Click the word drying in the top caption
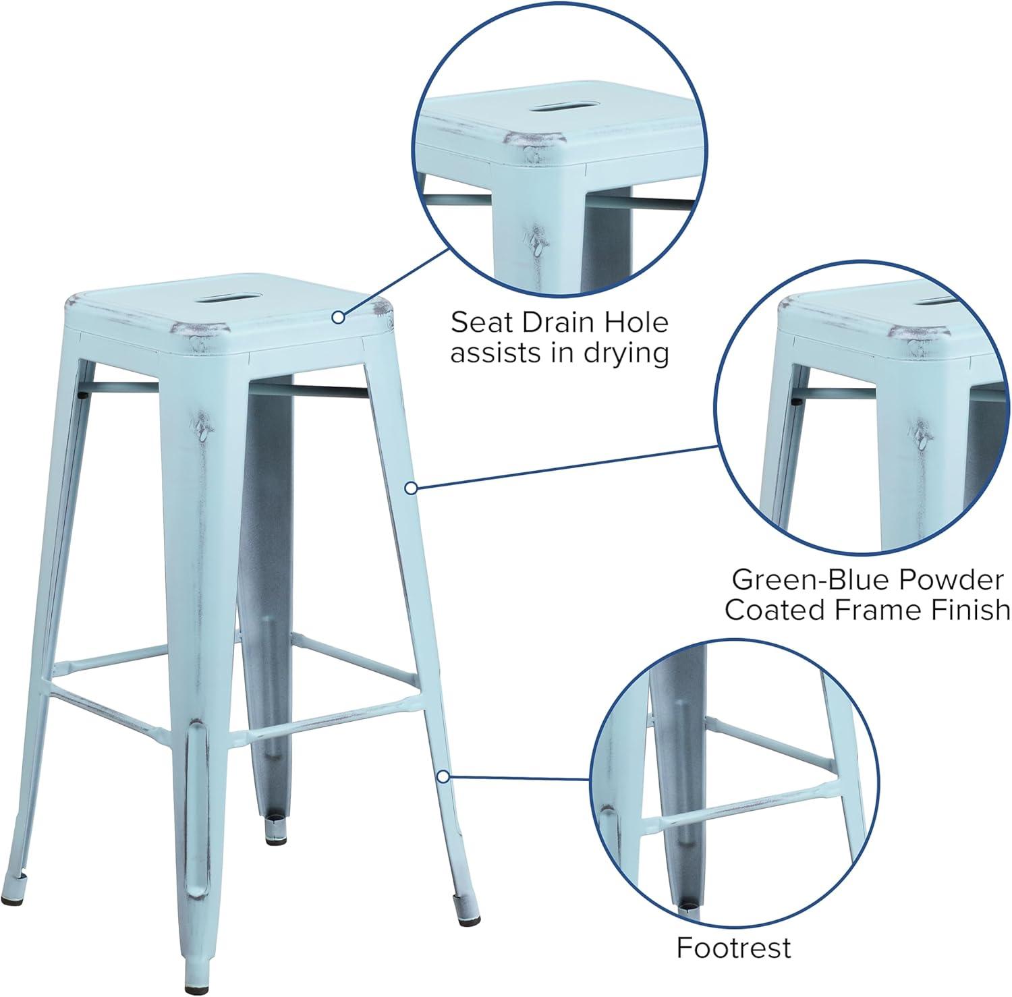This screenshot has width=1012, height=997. tap(626, 354)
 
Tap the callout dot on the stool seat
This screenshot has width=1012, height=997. tap(338, 316)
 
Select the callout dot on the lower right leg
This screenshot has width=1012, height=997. tap(443, 777)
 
